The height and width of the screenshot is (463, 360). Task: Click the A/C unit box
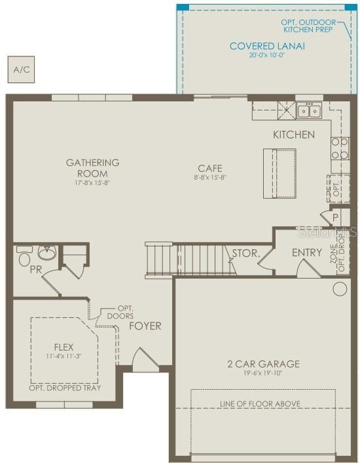22,69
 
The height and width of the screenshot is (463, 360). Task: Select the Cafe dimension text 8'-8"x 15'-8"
210,177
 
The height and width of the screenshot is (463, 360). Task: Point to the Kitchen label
293,135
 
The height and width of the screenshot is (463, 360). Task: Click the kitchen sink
309,111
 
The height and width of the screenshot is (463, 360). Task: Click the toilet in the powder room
24,256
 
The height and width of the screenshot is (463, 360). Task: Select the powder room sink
46,252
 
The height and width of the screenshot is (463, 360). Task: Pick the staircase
190,259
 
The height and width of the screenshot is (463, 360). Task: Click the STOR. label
246,252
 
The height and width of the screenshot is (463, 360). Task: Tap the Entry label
307,252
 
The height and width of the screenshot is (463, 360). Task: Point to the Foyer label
145,326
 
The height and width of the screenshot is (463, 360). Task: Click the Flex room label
63,347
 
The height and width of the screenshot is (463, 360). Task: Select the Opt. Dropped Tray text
63,388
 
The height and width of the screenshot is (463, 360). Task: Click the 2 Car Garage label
264,364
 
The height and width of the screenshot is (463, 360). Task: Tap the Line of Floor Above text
260,403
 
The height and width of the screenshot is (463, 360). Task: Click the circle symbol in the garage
340,288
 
